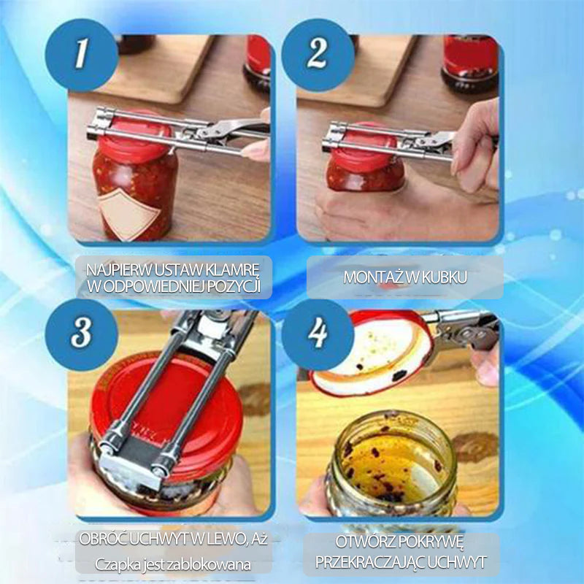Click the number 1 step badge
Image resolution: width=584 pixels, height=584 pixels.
coord(82,55)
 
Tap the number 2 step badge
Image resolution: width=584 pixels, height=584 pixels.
coord(318,55)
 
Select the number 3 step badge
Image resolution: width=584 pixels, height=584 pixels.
coord(82,334)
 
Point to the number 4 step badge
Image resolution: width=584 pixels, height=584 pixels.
coord(318,334)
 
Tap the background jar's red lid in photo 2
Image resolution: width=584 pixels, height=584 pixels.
coord(470,53)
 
